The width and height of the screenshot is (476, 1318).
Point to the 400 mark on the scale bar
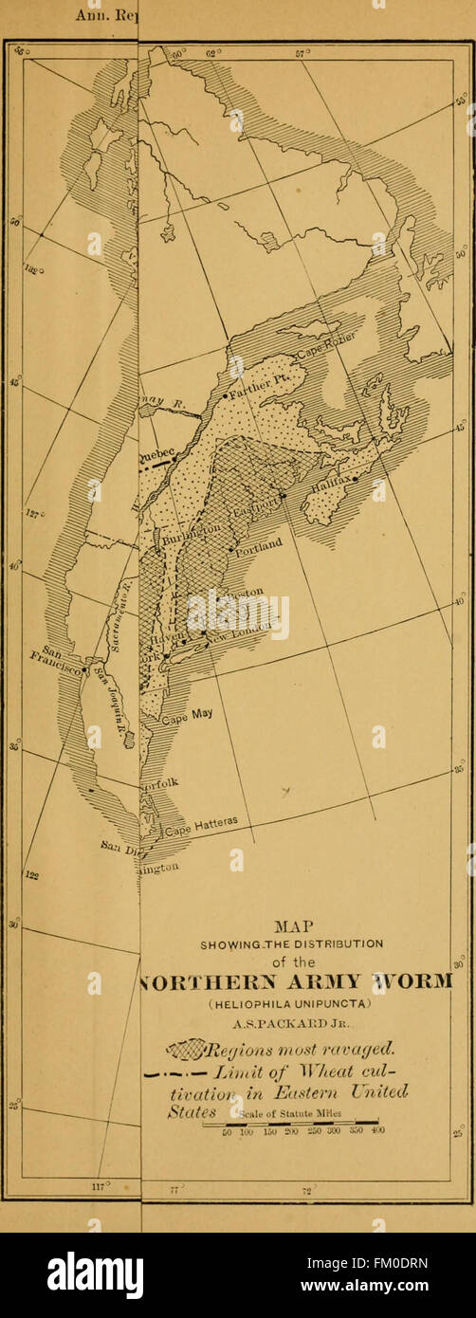[377, 1131]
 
